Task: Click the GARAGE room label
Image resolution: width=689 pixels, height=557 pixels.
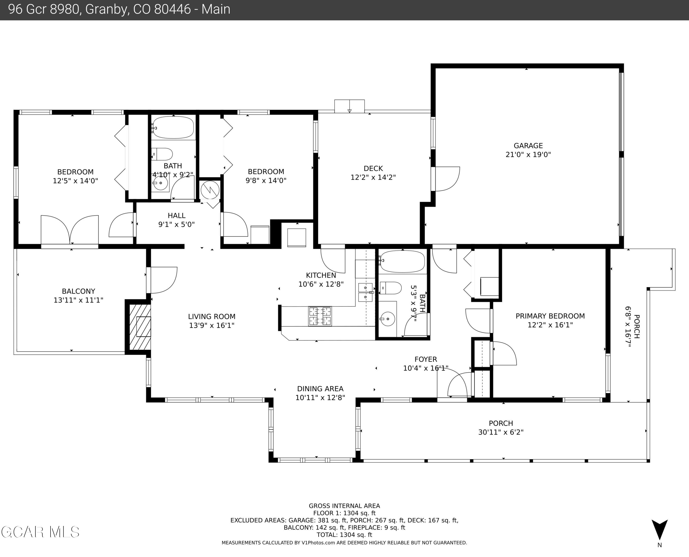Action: pos(528,146)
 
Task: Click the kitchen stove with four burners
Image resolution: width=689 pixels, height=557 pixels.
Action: pos(320,316)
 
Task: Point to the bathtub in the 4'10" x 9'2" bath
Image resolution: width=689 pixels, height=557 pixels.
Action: pos(173,128)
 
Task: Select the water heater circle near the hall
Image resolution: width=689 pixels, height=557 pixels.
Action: pos(210,190)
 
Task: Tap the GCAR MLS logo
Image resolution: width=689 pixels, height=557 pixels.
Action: pos(40,532)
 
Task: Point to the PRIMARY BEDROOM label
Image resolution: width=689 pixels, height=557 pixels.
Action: pos(550,316)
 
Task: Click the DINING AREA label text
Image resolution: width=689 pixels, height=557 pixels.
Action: pos(320,389)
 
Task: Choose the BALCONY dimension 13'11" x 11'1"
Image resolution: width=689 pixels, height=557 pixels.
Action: pos(78,300)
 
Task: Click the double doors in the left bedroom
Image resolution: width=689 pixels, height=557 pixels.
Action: pos(70,230)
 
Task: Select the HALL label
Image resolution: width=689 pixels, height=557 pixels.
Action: pos(176,216)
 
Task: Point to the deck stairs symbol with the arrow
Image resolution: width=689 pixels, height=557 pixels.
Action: pos(349,106)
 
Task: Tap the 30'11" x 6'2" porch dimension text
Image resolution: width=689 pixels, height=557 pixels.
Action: pos(501,432)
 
